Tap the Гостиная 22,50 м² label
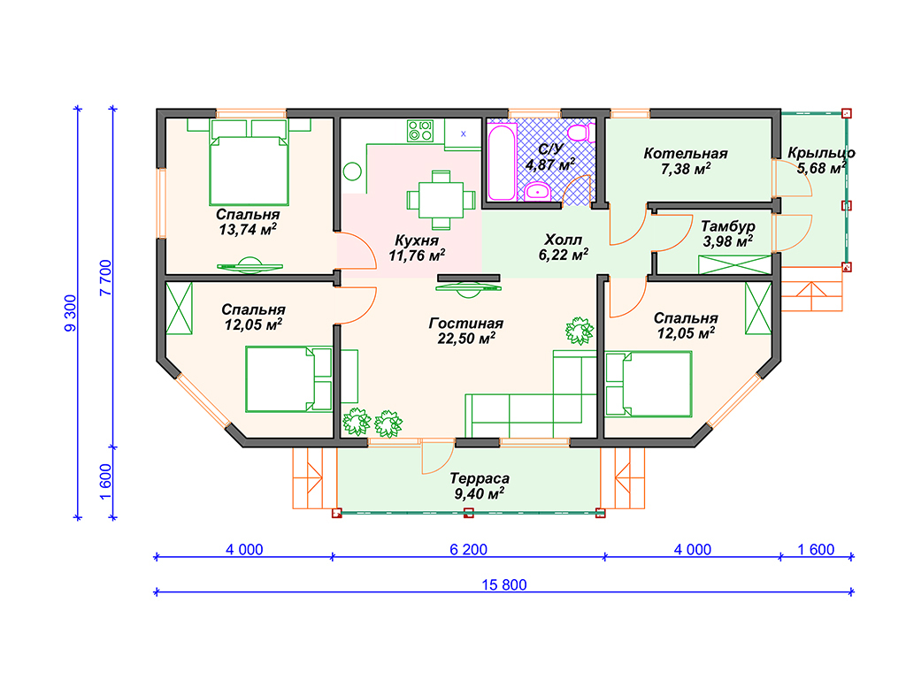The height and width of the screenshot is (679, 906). pyautogui.click(x=465, y=331)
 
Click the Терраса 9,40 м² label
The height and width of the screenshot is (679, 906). pyautogui.click(x=480, y=486)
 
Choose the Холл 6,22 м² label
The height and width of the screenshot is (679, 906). pyautogui.click(x=564, y=248)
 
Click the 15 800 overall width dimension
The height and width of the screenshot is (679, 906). pyautogui.click(x=504, y=585)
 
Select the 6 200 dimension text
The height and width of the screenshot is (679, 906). pyautogui.click(x=469, y=549)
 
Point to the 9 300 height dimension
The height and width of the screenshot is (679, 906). pyautogui.click(x=70, y=313)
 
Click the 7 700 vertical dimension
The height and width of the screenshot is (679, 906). pyautogui.click(x=105, y=278)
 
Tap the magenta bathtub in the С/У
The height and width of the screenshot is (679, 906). pyautogui.click(x=502, y=163)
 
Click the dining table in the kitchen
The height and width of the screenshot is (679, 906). pyautogui.click(x=441, y=200)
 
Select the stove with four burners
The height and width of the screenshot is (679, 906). pyautogui.click(x=420, y=131)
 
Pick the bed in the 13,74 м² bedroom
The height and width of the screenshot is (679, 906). pyautogui.click(x=249, y=163)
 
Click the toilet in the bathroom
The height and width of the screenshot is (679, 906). pyautogui.click(x=580, y=134)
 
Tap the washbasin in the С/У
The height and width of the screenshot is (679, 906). pyautogui.click(x=538, y=191)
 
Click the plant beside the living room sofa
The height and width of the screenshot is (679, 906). pyautogui.click(x=579, y=331)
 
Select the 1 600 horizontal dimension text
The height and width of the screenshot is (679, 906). pyautogui.click(x=816, y=549)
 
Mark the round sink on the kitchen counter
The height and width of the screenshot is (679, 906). pyautogui.click(x=352, y=172)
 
